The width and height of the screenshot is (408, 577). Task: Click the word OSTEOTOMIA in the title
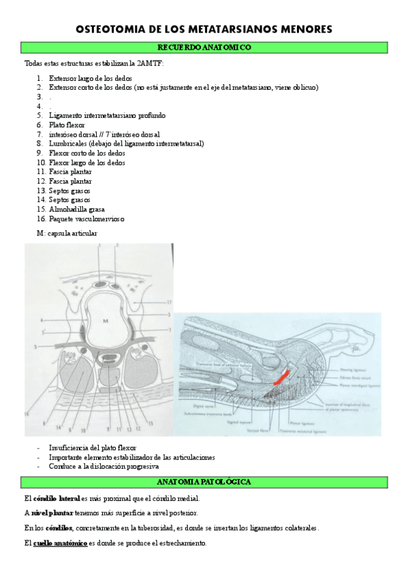(110, 29)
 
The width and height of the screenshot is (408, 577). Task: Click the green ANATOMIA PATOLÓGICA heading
(204, 482)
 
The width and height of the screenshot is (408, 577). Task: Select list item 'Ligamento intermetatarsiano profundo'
(107, 116)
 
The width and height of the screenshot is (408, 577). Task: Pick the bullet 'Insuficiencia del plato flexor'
(92, 448)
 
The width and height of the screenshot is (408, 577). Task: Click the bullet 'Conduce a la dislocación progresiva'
(104, 467)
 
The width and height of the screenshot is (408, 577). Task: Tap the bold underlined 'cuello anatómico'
(60, 543)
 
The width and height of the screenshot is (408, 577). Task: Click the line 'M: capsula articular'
(67, 233)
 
